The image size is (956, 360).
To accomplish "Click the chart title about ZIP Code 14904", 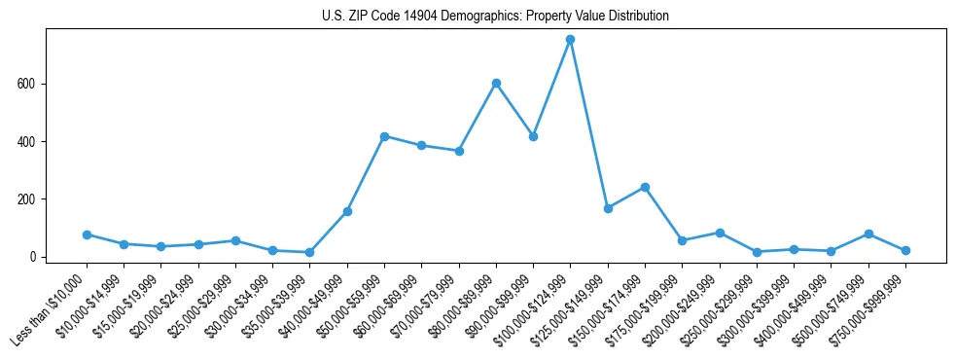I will click(495, 17).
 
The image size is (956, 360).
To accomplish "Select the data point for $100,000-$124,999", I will click(571, 40).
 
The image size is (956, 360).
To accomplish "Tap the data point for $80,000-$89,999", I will click(496, 84).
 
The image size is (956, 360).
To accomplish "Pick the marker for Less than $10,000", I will click(87, 234).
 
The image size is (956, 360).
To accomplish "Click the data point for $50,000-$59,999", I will click(384, 136).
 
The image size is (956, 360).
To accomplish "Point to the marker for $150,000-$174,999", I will click(645, 187).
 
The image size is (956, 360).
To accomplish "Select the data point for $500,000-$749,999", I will click(868, 234).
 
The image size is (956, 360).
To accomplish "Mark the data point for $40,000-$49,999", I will click(347, 211).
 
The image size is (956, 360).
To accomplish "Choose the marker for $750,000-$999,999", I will click(905, 250).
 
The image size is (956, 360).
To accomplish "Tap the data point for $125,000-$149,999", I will click(608, 208).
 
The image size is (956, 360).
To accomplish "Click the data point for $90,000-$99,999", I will click(533, 136).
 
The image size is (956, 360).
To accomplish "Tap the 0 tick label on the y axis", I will click(34, 257).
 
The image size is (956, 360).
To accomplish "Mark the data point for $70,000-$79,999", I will click(459, 151).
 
